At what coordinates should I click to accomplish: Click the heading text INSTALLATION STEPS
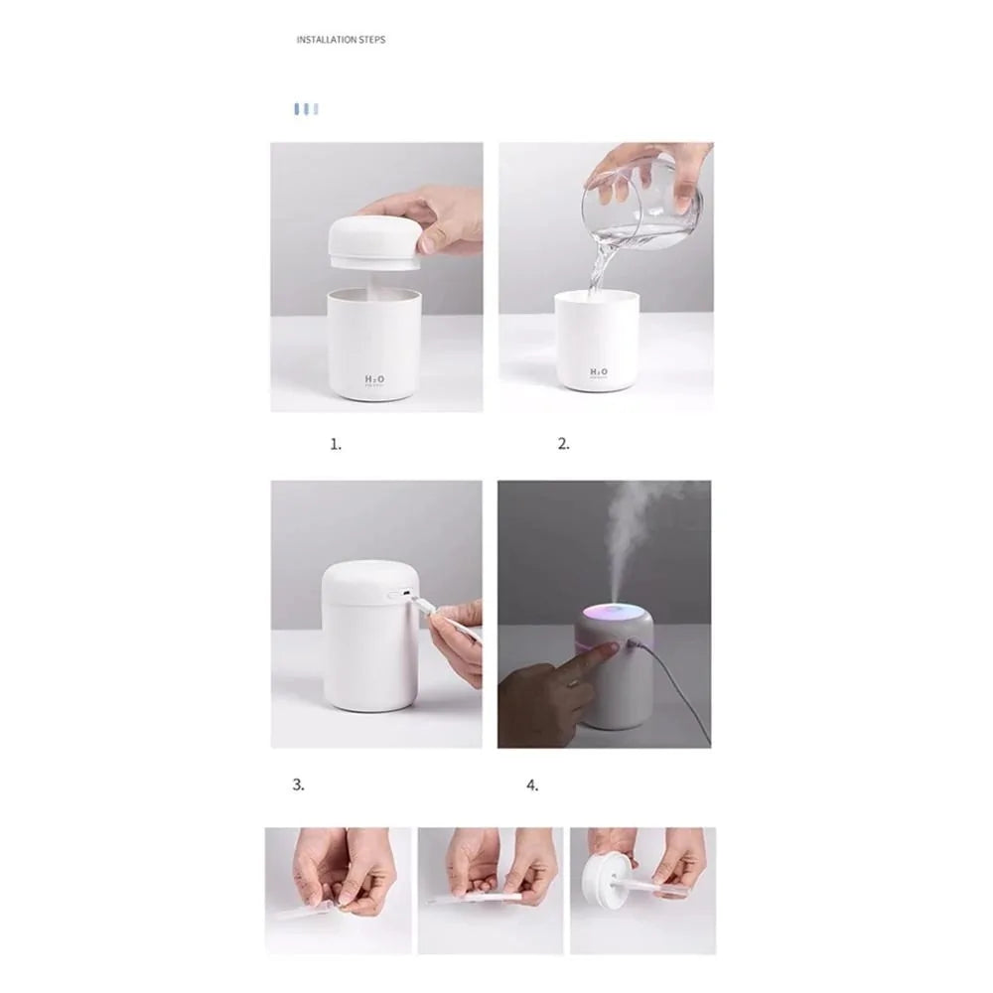341,40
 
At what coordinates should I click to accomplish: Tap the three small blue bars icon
306,108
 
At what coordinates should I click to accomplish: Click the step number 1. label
336,445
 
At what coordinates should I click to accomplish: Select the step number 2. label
564,445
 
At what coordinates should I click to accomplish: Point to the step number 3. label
298,783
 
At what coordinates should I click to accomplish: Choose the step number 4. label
532,784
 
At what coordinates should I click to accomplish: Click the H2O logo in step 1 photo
375,379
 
